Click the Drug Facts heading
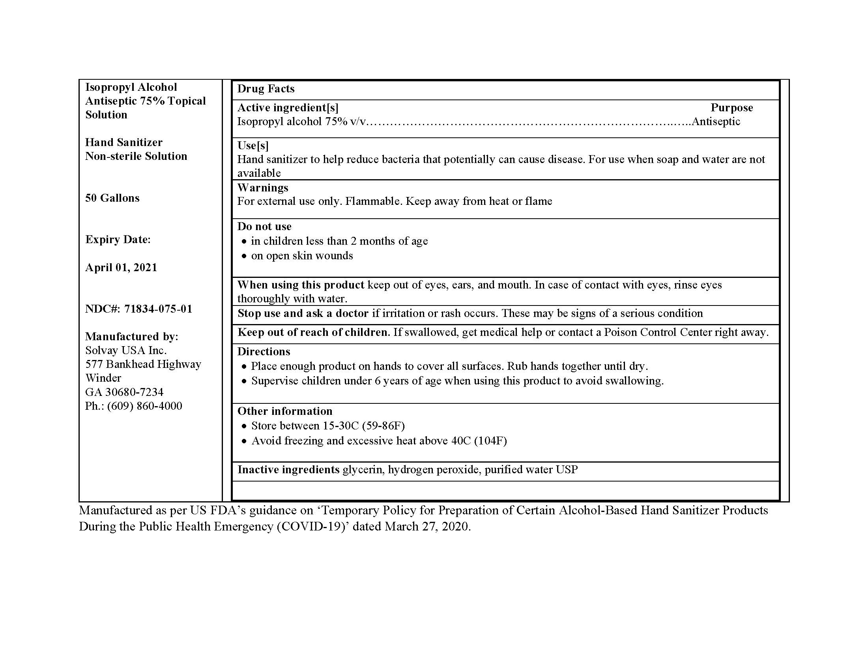tap(266, 89)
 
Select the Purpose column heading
tap(731, 108)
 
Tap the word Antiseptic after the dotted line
tap(716, 122)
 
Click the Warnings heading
tap(263, 187)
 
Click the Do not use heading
tap(264, 227)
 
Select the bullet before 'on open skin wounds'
tap(244, 257)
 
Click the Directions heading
tap(264, 352)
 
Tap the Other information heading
tap(284, 411)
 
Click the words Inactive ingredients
tap(288, 470)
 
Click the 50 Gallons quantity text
tap(112, 198)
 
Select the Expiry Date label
tap(118, 240)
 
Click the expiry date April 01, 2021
tap(121, 268)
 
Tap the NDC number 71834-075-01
tap(158, 309)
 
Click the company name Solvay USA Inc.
tap(125, 350)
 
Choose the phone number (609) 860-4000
tap(144, 406)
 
